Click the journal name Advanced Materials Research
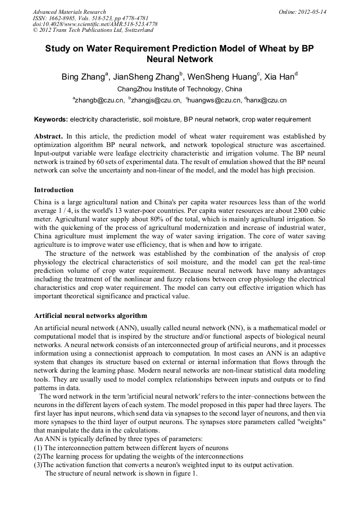70,12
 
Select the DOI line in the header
95,24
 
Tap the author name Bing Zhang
84,77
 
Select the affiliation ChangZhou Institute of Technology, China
179,89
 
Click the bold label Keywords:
51,119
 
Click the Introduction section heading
54,189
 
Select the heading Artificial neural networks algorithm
90,315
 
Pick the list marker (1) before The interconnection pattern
38,448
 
